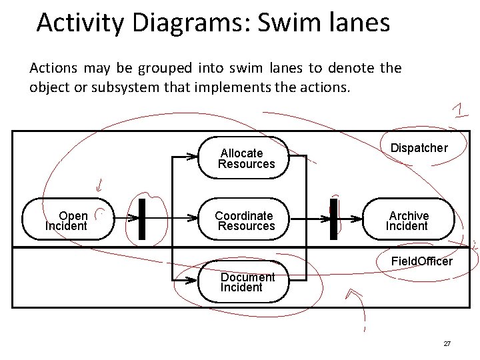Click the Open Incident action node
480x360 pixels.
click(65, 221)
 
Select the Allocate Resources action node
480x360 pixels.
click(245, 159)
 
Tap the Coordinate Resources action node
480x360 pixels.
click(245, 221)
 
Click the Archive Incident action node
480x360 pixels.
click(409, 221)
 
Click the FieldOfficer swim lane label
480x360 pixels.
click(421, 261)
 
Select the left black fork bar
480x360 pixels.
click(141, 218)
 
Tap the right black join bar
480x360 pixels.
click(333, 218)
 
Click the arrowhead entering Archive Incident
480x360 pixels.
click(359, 218)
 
